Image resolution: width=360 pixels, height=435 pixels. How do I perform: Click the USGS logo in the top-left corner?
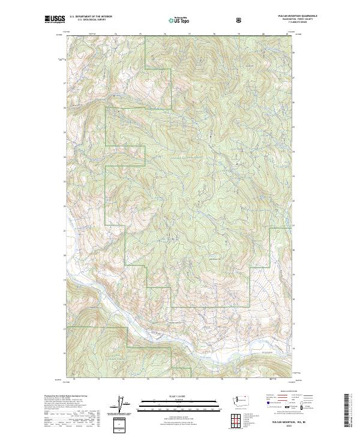tap(53, 20)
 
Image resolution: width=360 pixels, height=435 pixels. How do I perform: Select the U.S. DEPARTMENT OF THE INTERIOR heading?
tap(90, 17)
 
